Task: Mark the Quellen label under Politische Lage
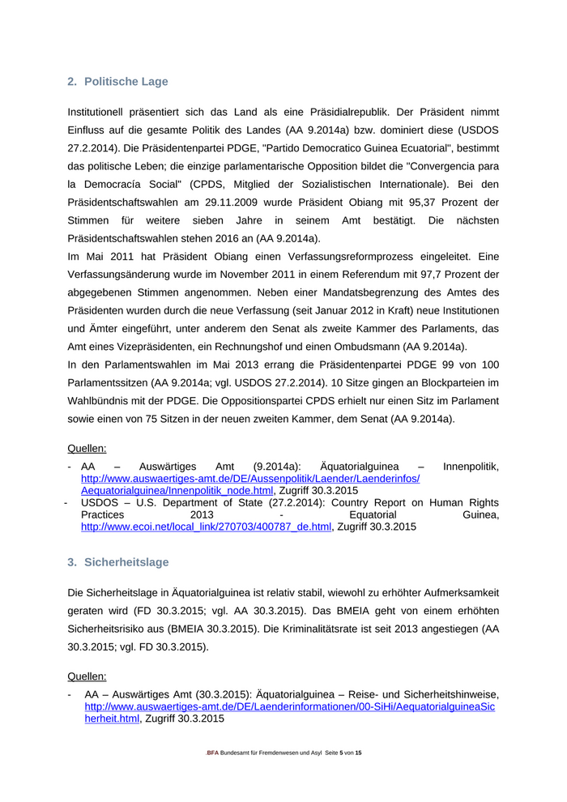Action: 87,447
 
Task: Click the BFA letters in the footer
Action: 214,753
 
